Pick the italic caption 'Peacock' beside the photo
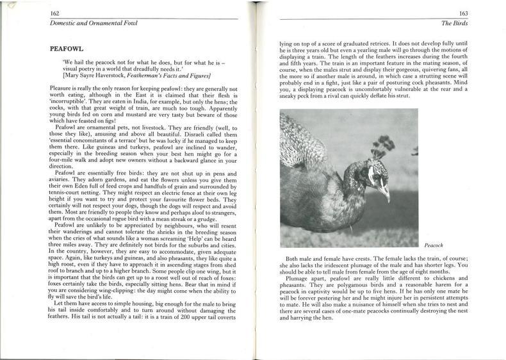[x=434, y=245]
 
